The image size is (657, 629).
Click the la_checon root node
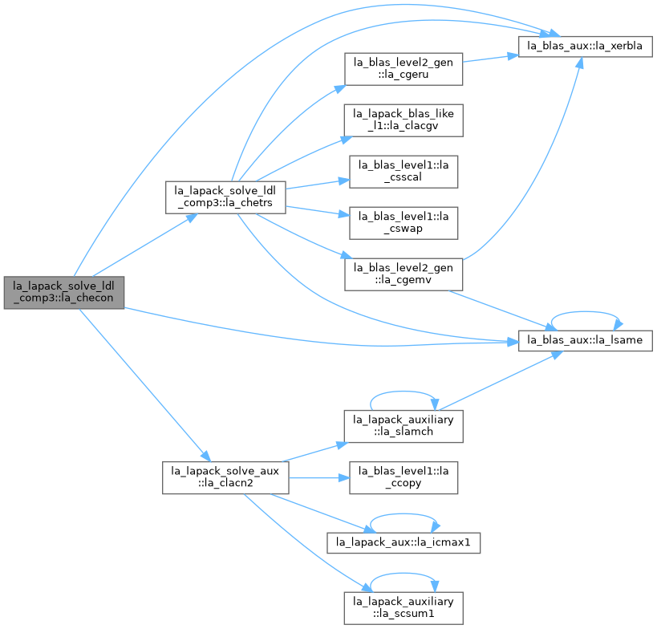coord(64,293)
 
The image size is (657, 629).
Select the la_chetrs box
coord(225,197)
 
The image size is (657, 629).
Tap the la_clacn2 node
coord(225,477)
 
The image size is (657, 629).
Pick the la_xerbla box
coord(586,47)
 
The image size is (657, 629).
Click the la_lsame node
coord(586,341)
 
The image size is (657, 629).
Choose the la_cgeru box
coord(404,69)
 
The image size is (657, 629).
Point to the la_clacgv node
coord(404,120)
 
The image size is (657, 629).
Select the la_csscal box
coord(404,172)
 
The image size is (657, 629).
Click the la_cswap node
coord(404,223)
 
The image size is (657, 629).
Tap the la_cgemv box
coord(404,274)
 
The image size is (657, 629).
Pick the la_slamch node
coord(404,426)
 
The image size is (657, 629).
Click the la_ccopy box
coord(404,477)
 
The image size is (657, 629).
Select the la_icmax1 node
coord(404,543)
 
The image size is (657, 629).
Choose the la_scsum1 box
coord(404,608)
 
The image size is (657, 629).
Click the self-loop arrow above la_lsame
coord(586,312)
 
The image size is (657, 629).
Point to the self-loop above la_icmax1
coord(404,514)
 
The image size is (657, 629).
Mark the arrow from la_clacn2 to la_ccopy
coord(318,477)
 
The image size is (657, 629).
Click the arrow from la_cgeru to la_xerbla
coord(491,59)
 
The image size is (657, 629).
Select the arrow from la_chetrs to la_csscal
coord(318,184)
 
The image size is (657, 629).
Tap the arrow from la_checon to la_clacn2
coord(144,385)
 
